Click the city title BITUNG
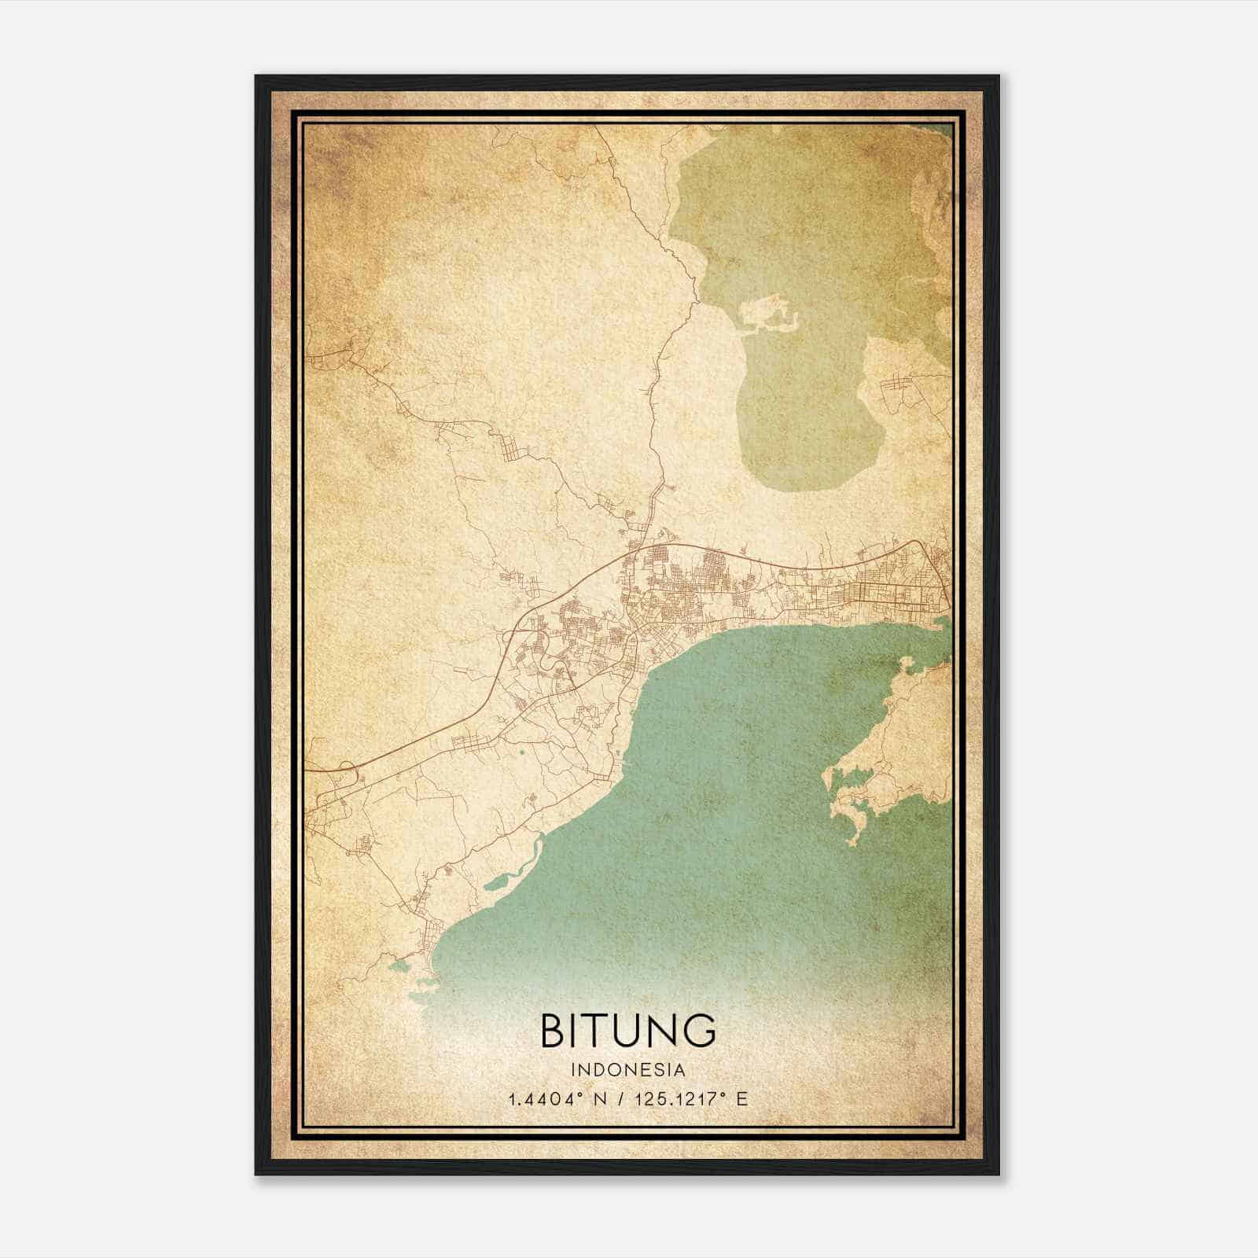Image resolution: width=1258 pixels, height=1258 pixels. [x=628, y=1030]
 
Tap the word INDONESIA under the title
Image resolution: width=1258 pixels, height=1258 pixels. [x=628, y=1070]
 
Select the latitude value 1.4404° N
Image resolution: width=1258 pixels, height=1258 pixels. [x=559, y=1099]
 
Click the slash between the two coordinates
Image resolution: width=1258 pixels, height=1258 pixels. [x=623, y=1099]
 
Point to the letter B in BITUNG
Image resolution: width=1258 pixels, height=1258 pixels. [x=553, y=1030]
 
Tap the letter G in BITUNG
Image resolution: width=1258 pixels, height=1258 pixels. [x=699, y=1030]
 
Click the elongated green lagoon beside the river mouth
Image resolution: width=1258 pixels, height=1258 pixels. [x=503, y=881]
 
